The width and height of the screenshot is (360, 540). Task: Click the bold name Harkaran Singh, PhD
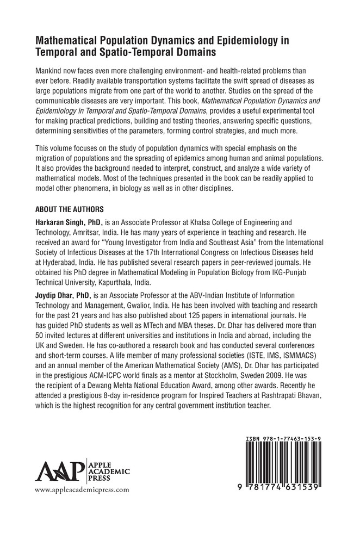click(69, 222)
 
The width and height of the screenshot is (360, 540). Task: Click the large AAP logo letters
click(57, 468)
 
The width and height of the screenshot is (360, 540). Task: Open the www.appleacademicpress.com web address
click(82, 489)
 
